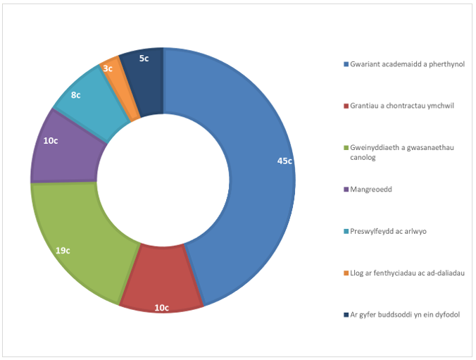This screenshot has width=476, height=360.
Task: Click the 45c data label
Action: click(x=284, y=161)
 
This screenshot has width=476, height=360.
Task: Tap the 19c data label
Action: click(x=63, y=249)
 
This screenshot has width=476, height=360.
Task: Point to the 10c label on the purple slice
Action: click(x=51, y=140)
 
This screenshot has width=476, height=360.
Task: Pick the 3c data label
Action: click(x=108, y=68)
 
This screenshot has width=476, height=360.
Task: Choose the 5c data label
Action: click(x=144, y=58)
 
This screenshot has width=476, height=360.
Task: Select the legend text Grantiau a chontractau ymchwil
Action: click(x=402, y=106)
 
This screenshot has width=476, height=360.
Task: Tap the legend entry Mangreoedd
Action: click(x=370, y=190)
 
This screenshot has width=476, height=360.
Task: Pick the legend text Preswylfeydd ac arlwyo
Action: click(x=389, y=231)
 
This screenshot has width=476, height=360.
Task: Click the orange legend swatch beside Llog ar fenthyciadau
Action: click(x=346, y=273)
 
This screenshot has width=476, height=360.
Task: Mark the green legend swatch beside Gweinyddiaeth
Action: click(x=346, y=148)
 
